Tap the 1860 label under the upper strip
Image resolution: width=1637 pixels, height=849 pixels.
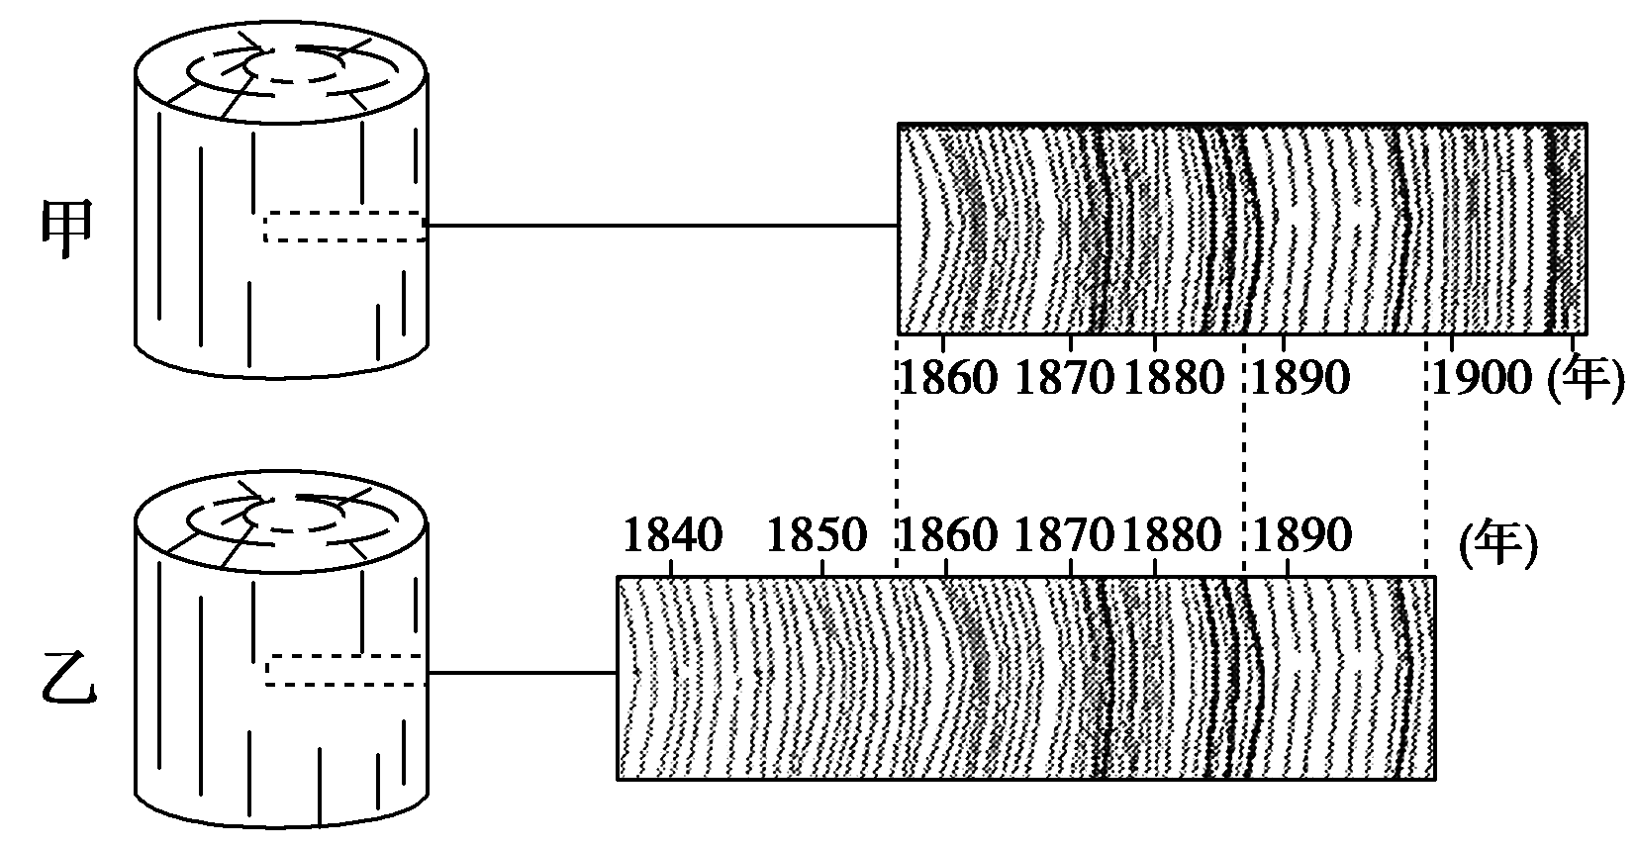coord(947,378)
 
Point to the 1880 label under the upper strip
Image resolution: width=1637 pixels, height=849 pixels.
coord(1174,378)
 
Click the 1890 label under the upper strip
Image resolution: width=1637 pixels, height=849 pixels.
coord(1300,378)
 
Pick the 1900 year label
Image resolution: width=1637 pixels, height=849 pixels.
coord(1482,378)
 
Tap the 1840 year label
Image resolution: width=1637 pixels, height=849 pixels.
coord(673,536)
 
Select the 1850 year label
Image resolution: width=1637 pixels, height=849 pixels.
coord(817,536)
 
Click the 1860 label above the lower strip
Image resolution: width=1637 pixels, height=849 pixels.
coord(947,536)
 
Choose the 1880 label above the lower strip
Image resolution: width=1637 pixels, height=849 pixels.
coord(1172,536)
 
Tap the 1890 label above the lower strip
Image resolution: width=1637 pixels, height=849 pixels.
coord(1301,536)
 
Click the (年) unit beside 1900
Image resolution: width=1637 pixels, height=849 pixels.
coord(1585,378)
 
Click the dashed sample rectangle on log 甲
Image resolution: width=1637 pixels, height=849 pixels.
coord(344,227)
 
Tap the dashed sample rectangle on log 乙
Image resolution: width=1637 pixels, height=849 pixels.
coord(344,670)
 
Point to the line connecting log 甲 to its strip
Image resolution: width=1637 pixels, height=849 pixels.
coord(661,226)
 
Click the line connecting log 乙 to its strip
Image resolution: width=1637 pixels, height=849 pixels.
coord(522,673)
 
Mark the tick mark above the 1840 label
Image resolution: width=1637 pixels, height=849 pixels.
coord(673,568)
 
